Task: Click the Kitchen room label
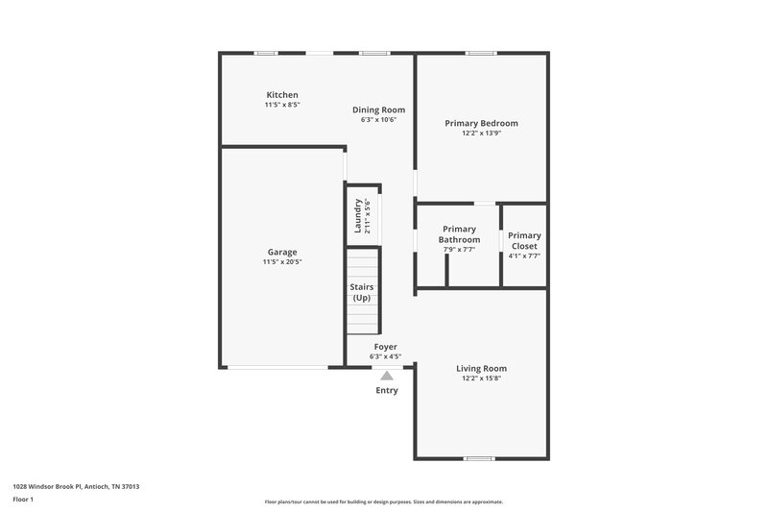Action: [x=282, y=95]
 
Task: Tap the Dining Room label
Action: [x=378, y=110]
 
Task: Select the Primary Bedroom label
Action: [x=481, y=123]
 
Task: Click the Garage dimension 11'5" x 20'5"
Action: [x=282, y=262]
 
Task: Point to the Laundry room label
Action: [x=358, y=216]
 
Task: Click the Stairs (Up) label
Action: [x=362, y=293]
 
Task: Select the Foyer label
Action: [x=385, y=347]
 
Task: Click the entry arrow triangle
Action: [x=386, y=376]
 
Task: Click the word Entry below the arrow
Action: [x=386, y=391]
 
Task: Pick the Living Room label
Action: [x=481, y=368]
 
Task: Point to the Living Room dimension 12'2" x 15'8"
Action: [x=481, y=378]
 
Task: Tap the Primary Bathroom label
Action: [x=459, y=234]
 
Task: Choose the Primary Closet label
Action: [x=524, y=240]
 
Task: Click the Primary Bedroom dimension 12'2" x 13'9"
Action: [x=481, y=134]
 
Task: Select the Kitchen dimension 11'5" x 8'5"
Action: [x=282, y=105]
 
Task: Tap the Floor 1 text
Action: [x=22, y=500]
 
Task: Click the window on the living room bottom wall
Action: [x=480, y=457]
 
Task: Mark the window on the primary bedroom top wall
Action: [x=480, y=53]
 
